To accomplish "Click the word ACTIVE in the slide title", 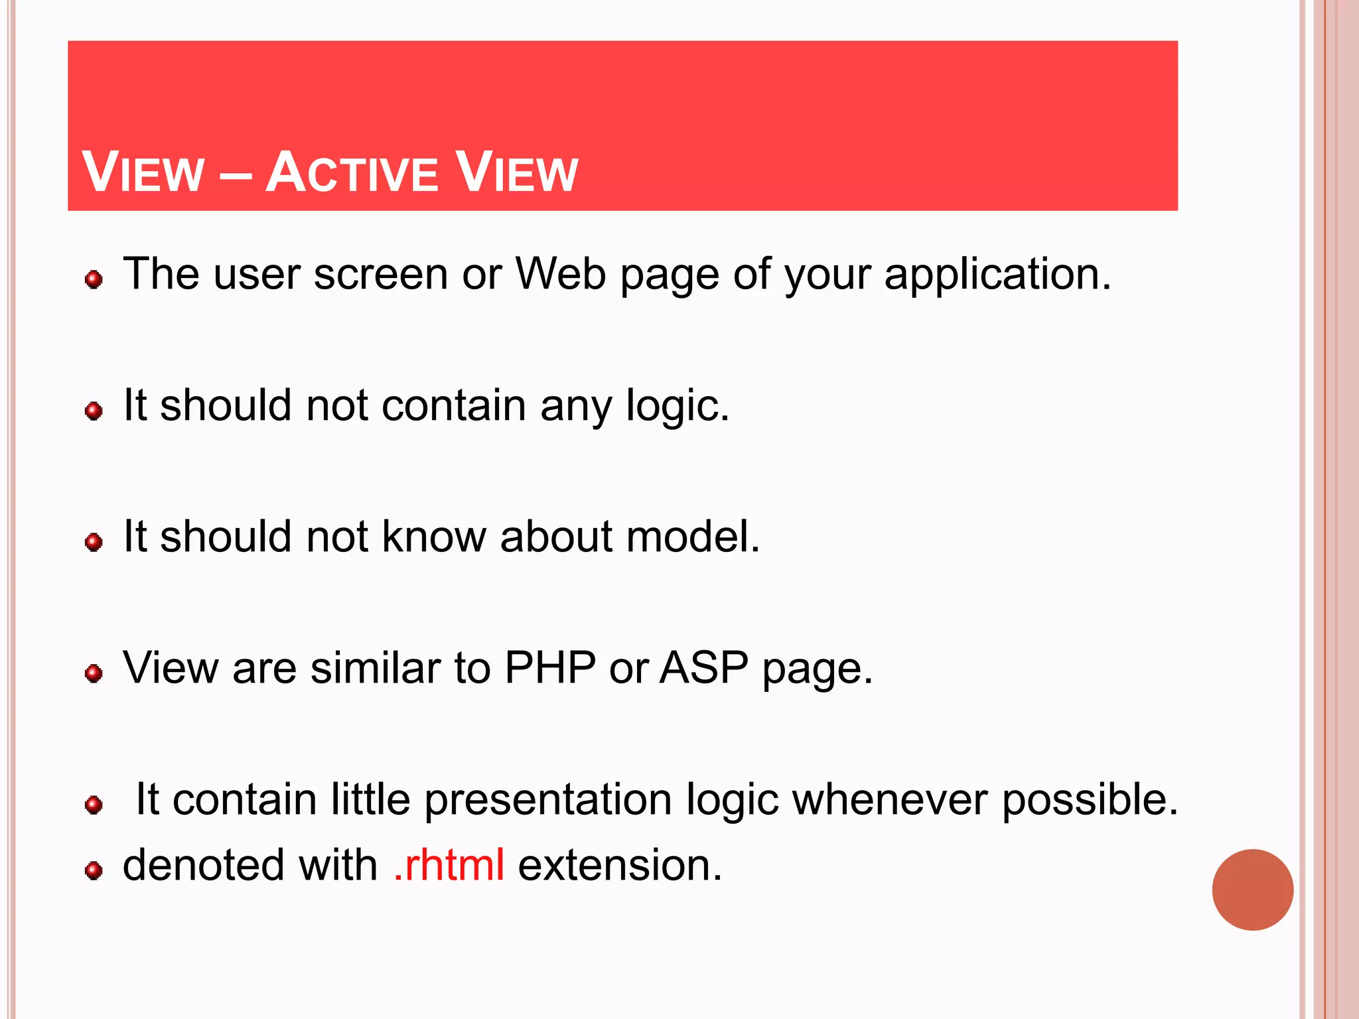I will [352, 172].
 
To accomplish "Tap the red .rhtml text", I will [449, 865].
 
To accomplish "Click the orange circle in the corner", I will [1252, 890].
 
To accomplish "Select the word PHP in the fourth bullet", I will [550, 667].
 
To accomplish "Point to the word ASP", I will [704, 667].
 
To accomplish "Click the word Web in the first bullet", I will [561, 273].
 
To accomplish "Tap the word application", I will [997, 275].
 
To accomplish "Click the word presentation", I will [548, 800].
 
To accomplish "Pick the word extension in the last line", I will [620, 865].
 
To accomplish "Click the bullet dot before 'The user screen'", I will [94, 279].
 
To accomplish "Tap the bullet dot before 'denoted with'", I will [94, 870].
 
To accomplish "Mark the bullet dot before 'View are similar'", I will [94, 673].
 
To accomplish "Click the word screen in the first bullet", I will [381, 274].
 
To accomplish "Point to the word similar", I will [376, 667].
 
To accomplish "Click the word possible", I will [1090, 799].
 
